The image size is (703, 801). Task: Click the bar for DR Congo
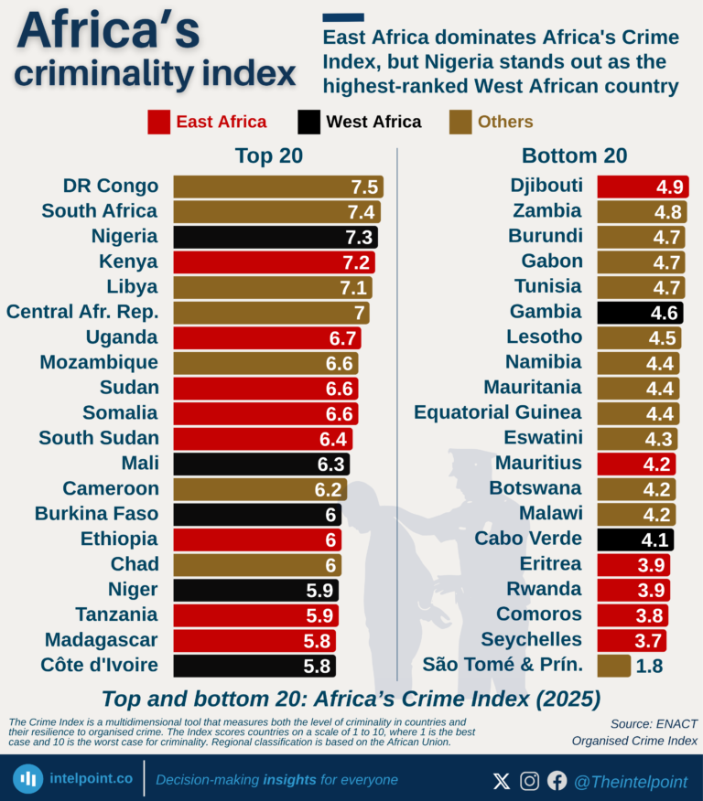(277, 187)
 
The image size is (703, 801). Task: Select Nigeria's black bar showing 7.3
(275, 237)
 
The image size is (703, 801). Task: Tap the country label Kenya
(128, 262)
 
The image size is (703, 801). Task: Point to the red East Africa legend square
(159, 123)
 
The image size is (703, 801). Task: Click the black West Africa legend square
(309, 123)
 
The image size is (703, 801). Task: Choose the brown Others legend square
(460, 123)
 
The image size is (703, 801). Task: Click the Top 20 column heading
(268, 155)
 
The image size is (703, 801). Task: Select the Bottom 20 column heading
(574, 155)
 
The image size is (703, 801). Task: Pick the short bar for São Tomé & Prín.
(613, 665)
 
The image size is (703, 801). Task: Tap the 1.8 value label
(649, 666)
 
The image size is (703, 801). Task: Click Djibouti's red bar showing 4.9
(642, 187)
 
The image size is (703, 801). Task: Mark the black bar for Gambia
(639, 313)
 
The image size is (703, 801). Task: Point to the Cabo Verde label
(527, 539)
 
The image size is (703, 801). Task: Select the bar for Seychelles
(631, 639)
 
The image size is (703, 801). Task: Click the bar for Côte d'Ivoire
(254, 665)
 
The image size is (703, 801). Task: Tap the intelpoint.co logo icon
(28, 778)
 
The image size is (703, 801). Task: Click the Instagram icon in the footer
(529, 781)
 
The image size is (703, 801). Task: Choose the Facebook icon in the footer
(557, 781)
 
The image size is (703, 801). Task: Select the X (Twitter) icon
(502, 781)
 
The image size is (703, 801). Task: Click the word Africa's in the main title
(108, 33)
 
